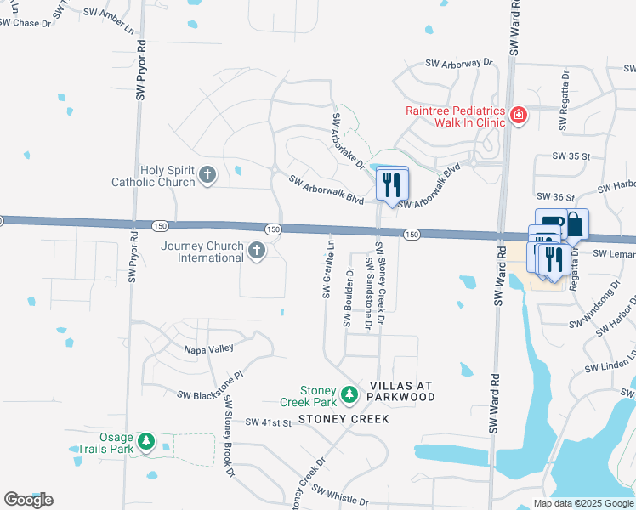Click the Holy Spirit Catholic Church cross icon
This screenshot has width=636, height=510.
click(x=207, y=176)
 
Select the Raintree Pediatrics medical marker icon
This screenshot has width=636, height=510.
click(x=517, y=116)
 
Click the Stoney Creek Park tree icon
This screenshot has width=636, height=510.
click(x=349, y=395)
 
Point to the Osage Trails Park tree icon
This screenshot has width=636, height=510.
click(x=147, y=442)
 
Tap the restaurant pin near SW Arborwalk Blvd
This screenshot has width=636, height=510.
click(x=392, y=184)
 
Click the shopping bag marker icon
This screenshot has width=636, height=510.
click(x=575, y=225)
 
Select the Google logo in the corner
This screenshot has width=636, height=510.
click(x=28, y=500)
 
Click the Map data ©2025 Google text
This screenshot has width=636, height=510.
click(x=584, y=503)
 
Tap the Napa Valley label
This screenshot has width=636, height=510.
click(x=209, y=348)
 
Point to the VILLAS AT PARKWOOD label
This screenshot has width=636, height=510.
click(x=401, y=391)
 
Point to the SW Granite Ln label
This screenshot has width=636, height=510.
click(x=327, y=267)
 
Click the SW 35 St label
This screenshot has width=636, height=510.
click(x=571, y=156)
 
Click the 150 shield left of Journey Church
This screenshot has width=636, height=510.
click(x=160, y=225)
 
